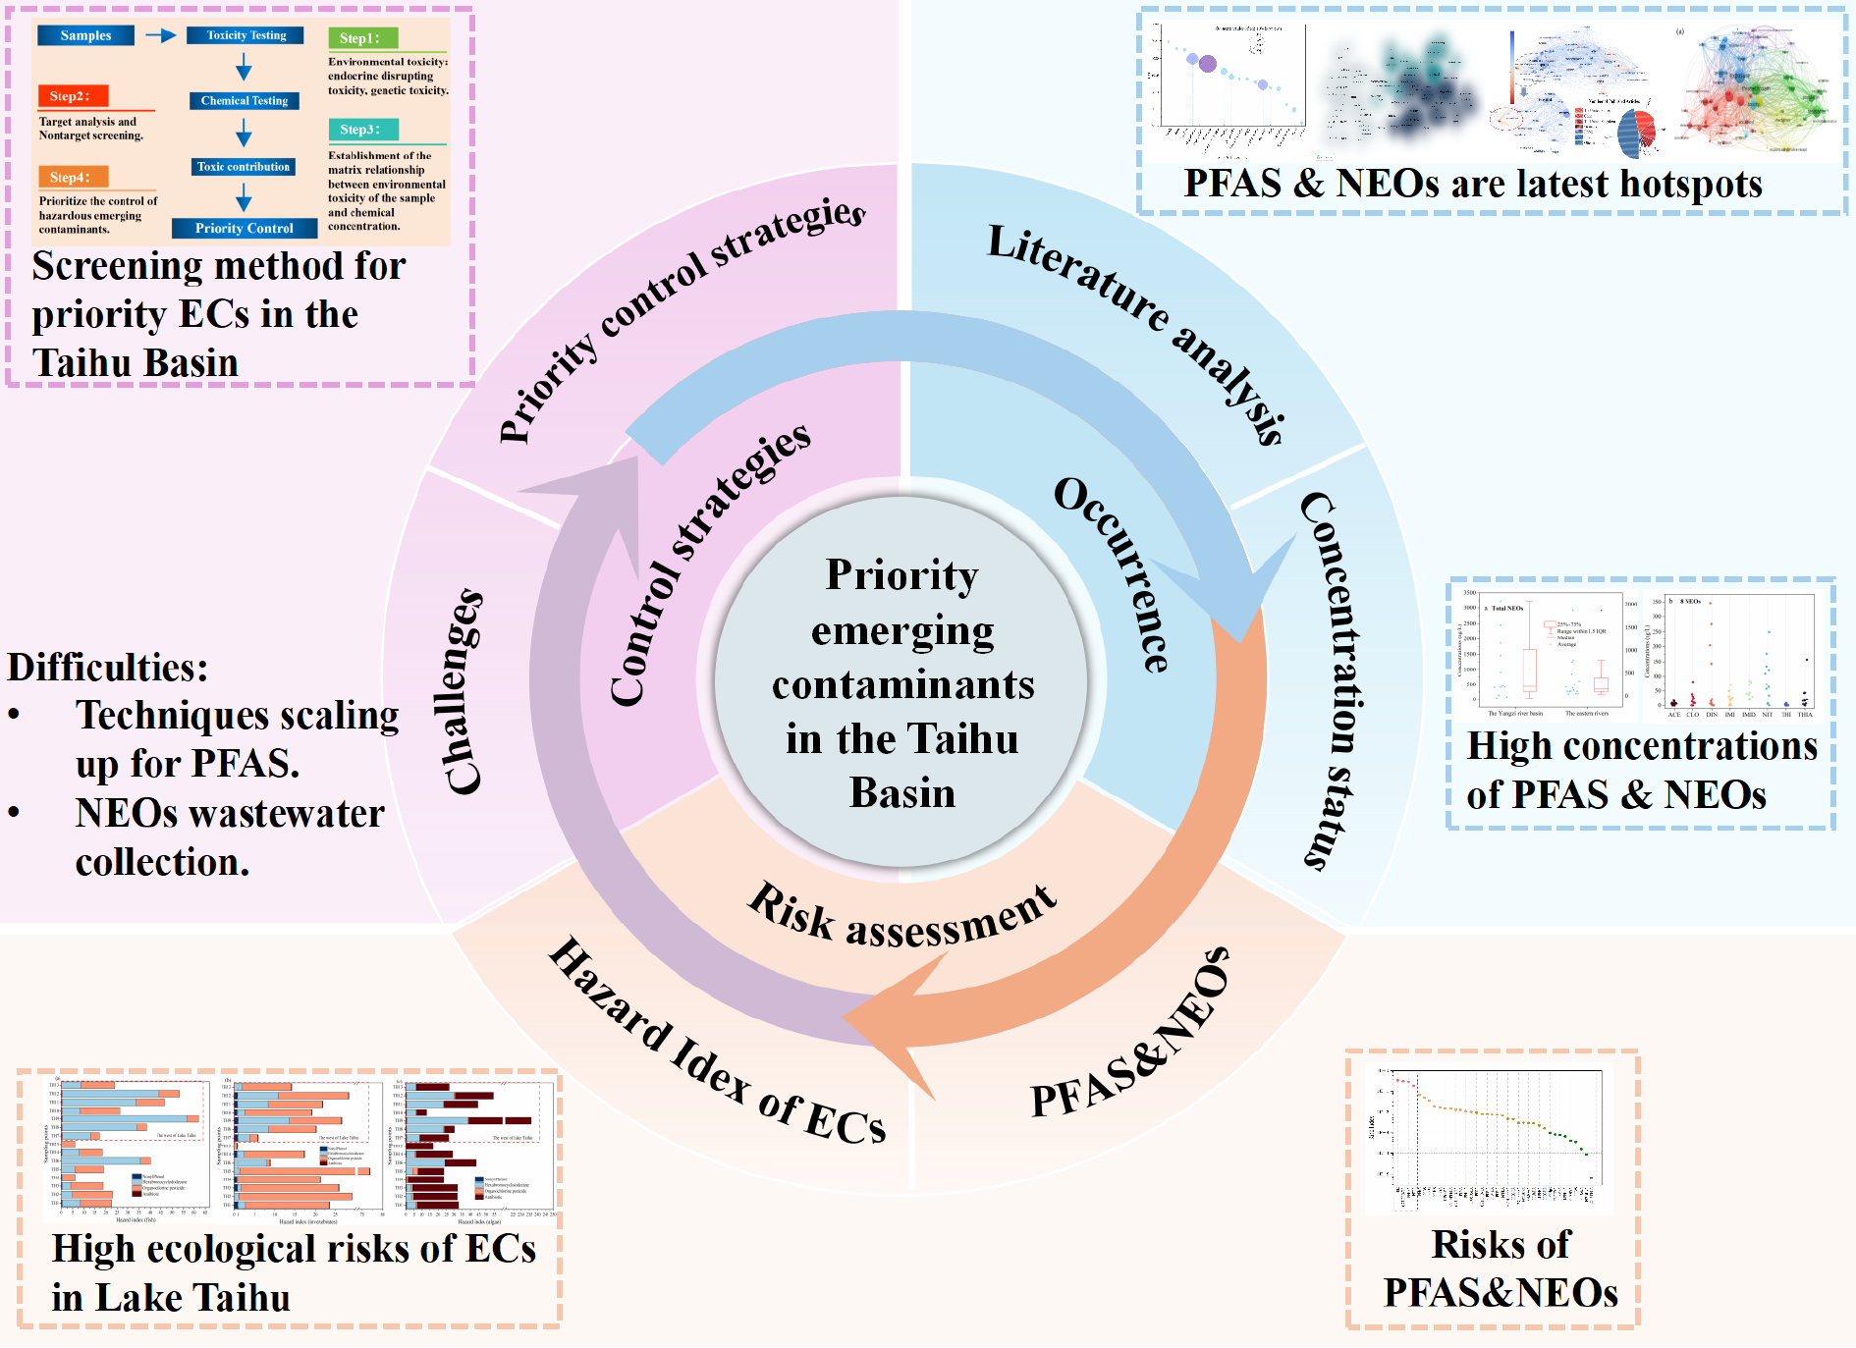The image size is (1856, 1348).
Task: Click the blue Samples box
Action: point(85,36)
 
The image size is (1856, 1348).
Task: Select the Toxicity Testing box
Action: point(246,36)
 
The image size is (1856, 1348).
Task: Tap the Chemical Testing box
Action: point(244,101)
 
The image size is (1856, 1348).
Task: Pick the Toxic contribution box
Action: point(244,167)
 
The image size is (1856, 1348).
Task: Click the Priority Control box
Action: point(244,229)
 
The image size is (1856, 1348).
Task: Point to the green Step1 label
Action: point(361,38)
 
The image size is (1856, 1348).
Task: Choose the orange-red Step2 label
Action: point(72,96)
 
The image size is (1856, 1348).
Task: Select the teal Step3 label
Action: point(362,130)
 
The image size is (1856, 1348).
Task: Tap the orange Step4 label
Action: point(72,178)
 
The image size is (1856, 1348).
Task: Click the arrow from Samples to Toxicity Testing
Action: point(160,36)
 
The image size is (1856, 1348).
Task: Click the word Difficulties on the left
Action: point(108,668)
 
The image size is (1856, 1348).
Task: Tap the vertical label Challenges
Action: point(462,692)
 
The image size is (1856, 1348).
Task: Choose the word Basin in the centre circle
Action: point(901,793)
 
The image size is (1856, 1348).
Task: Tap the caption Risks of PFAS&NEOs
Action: point(1501,1268)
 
